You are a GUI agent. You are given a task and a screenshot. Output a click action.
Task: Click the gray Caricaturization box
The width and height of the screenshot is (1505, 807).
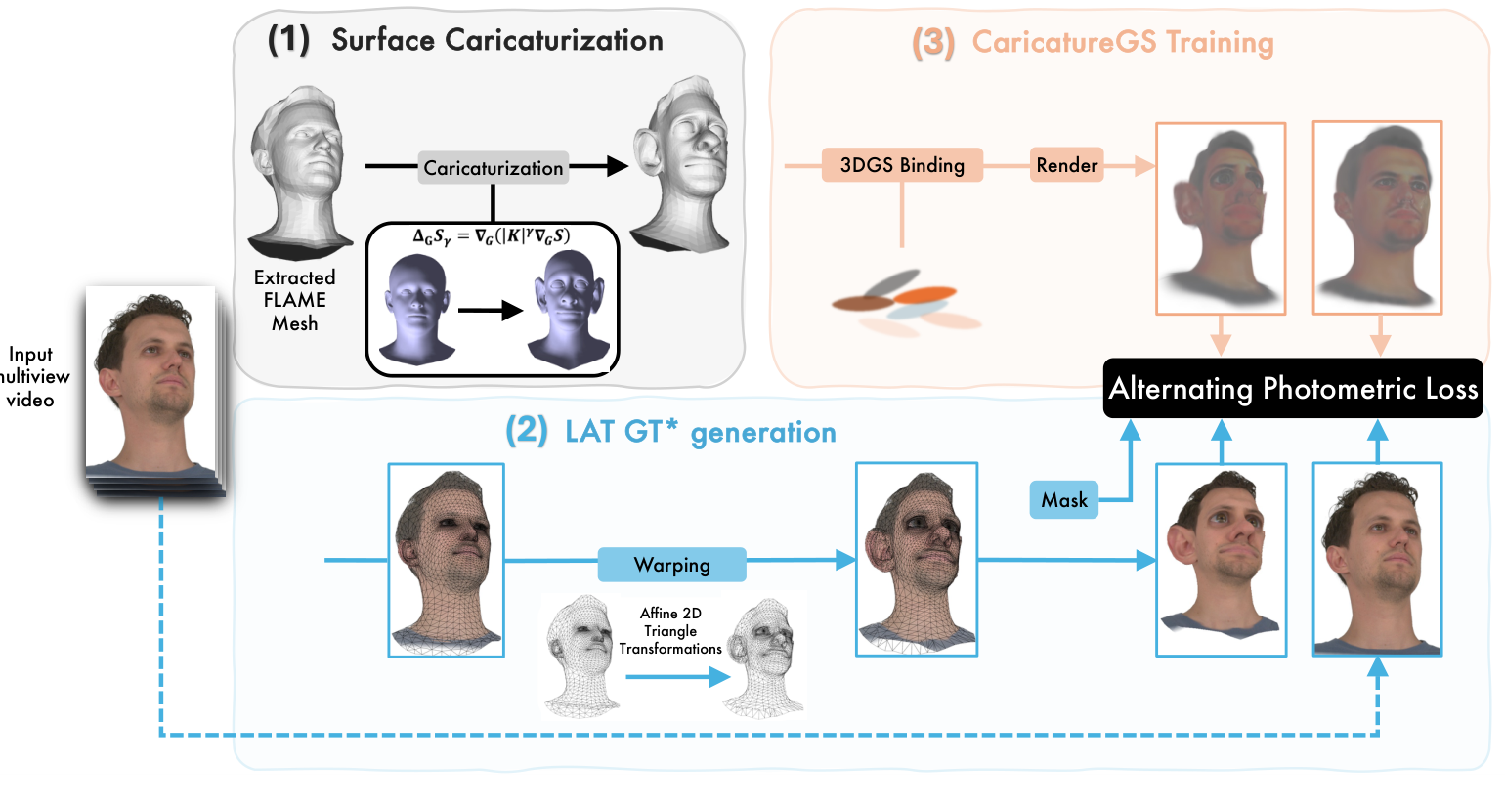[494, 168]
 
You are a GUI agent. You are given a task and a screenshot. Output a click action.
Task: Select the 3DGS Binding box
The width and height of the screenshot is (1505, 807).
[901, 165]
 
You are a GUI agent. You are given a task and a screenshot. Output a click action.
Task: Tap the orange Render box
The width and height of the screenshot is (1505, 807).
[1066, 165]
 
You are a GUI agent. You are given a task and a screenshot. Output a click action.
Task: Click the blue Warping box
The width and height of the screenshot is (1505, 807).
[671, 565]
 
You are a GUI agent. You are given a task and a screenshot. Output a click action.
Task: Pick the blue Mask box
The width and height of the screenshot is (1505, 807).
[1063, 500]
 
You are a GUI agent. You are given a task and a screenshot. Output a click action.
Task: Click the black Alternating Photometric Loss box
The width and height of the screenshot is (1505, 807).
[1292, 389]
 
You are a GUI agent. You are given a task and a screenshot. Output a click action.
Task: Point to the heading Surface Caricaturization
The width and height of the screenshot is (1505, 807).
[496, 40]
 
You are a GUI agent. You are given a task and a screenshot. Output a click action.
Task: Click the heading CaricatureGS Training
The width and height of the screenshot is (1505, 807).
[1122, 43]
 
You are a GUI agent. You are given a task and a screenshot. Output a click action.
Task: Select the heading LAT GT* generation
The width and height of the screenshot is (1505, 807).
[700, 432]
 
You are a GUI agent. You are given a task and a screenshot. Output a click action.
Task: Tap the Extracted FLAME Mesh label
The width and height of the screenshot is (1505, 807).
[294, 301]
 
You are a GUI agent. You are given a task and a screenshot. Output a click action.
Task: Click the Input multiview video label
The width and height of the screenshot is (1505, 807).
[32, 377]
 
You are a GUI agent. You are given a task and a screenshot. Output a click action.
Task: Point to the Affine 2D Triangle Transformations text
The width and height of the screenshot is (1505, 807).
[670, 631]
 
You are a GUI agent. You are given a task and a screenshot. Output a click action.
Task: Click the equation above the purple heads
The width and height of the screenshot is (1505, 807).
[492, 236]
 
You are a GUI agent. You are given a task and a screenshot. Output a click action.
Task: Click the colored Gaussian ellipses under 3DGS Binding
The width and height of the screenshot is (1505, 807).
[905, 303]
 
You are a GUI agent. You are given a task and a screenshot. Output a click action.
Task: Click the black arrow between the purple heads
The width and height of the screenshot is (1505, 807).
[491, 312]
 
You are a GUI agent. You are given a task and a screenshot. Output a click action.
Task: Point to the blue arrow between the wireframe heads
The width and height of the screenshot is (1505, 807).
[677, 676]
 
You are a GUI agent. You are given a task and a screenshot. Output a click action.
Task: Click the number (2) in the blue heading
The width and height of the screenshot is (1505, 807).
[526, 431]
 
